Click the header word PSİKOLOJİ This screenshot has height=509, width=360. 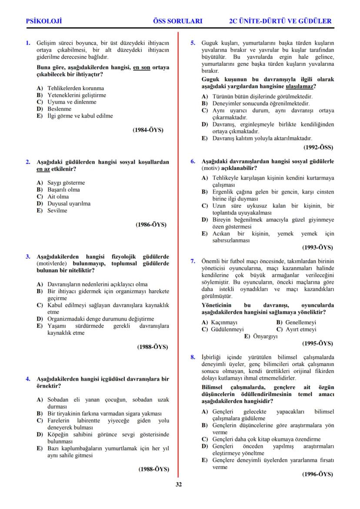click(x=44, y=21)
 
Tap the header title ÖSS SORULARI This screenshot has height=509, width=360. click(x=178, y=21)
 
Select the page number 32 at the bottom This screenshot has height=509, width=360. click(x=179, y=485)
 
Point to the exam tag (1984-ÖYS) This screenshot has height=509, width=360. click(x=148, y=130)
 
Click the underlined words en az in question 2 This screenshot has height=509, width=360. click(x=43, y=169)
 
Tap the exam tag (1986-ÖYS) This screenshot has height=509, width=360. click(x=151, y=225)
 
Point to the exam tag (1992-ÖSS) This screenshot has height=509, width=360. click(x=318, y=147)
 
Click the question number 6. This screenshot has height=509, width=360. click(x=193, y=161)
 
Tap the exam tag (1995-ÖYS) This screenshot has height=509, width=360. click(x=318, y=343)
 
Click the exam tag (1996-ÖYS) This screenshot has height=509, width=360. click(x=318, y=474)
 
